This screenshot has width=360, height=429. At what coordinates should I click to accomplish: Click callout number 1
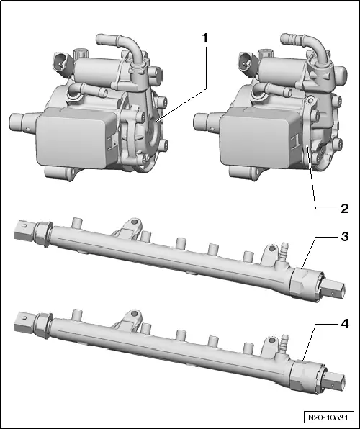click(x=205, y=39)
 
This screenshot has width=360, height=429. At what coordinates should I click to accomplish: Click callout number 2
click(x=345, y=209)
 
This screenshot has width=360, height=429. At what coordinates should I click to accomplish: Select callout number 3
click(x=345, y=236)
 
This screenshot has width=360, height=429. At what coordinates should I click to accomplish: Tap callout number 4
click(x=345, y=324)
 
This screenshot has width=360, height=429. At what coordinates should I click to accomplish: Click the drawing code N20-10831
click(x=328, y=417)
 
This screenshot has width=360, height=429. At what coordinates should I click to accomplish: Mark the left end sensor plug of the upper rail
click(x=24, y=231)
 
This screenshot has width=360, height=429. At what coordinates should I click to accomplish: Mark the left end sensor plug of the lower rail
click(x=24, y=322)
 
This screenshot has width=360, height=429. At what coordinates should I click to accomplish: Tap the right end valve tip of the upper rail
click(x=333, y=289)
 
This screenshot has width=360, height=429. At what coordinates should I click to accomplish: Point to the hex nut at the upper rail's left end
click(x=44, y=234)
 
